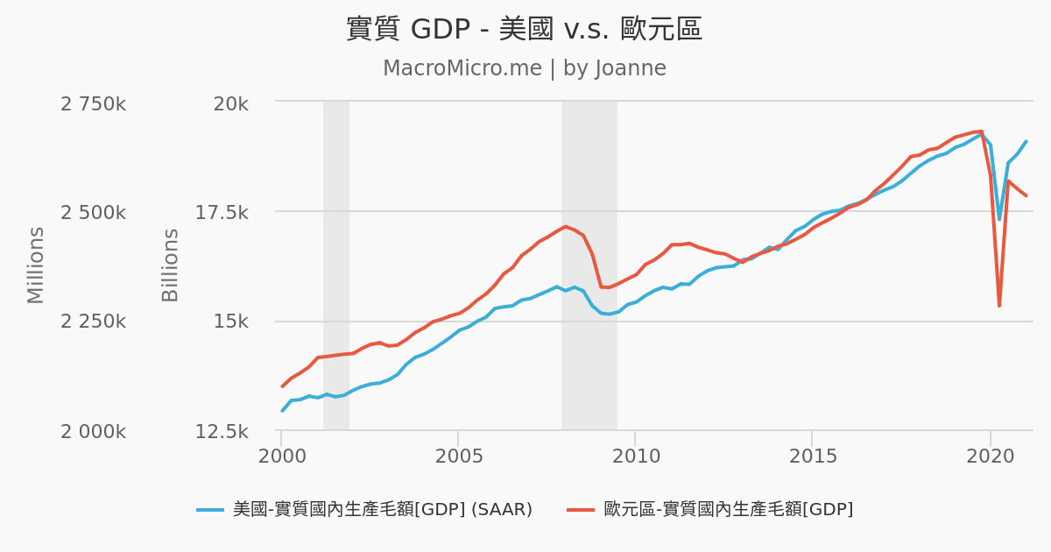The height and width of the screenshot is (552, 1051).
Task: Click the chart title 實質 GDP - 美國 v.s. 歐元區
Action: [x=525, y=29]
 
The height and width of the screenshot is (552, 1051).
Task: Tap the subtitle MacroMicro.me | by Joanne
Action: [x=525, y=68]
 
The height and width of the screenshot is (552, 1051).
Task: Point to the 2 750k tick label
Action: [x=93, y=104]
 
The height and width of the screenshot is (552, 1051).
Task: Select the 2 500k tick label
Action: [x=93, y=213]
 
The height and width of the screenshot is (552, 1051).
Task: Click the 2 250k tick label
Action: [x=93, y=322]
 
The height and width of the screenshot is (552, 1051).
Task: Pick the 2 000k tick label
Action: [x=93, y=431]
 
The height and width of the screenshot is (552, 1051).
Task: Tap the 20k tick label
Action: [x=231, y=104]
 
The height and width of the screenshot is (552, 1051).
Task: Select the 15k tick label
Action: [x=231, y=322]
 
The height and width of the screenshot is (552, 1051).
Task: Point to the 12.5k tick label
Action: [x=221, y=431]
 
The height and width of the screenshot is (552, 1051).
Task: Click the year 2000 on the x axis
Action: [x=282, y=456]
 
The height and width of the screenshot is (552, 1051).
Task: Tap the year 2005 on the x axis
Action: [x=459, y=456]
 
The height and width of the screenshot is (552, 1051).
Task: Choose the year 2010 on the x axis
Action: [x=636, y=456]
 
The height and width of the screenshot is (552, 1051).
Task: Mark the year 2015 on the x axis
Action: [x=813, y=456]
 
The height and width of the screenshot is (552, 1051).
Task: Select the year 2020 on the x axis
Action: [x=991, y=456]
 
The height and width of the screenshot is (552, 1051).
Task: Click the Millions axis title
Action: [x=36, y=265]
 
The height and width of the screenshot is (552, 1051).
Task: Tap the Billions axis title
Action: [x=171, y=265]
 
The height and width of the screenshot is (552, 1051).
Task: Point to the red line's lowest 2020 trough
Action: [x=999, y=305]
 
